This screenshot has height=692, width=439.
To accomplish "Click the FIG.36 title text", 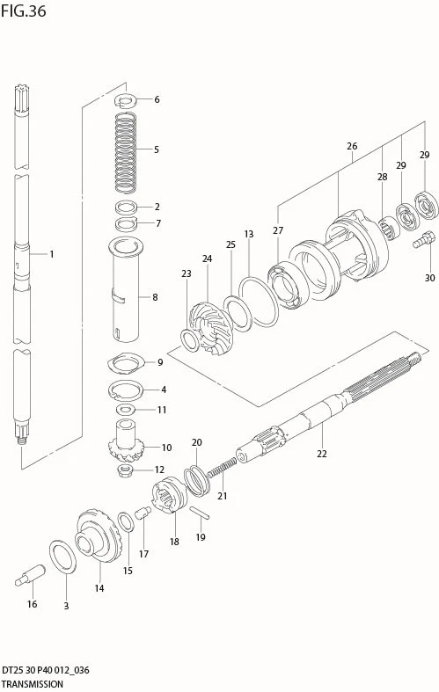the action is tap(24, 11).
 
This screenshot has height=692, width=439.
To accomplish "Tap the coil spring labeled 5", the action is tap(126, 153).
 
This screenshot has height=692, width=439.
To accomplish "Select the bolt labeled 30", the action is tap(424, 239).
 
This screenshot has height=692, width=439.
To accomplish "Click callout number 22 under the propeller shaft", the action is tap(321, 453).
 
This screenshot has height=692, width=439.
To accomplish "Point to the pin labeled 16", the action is tap(30, 575).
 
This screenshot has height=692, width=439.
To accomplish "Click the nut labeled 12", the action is tap(126, 470).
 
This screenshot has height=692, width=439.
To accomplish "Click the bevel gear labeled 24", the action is tap(208, 327).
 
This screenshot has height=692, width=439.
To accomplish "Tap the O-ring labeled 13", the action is tap(259, 302).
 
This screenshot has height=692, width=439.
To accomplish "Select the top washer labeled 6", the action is tap(126, 101).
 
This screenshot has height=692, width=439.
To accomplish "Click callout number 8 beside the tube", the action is tap(155, 297).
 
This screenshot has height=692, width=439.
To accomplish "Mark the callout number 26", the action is tap(352, 146).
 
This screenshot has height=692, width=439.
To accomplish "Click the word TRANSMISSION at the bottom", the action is tap(32, 684).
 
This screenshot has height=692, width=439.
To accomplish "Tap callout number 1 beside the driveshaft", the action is tap(52, 254).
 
